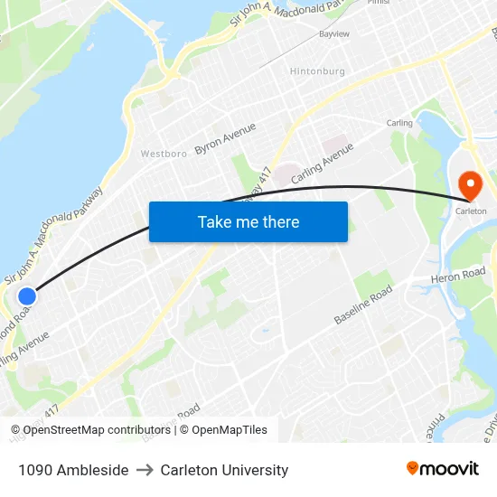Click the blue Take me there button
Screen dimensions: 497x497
pyautogui.click(x=248, y=221)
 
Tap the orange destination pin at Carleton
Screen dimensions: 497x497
pyautogui.click(x=471, y=186)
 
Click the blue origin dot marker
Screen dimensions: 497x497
pyautogui.click(x=27, y=295)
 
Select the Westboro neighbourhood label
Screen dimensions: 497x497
pyautogui.click(x=164, y=154)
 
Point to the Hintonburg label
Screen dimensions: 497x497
pyautogui.click(x=317, y=71)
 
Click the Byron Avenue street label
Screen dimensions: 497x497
pyautogui.click(x=225, y=138)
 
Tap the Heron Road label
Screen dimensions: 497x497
pyautogui.click(x=459, y=275)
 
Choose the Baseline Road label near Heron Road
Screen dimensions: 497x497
pyautogui.click(x=363, y=305)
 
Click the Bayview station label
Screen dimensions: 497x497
pyautogui.click(x=333, y=33)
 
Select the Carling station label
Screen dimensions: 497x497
pyautogui.click(x=399, y=123)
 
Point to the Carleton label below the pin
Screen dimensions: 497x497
pyautogui.click(x=471, y=211)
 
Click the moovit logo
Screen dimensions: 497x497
pyautogui.click(x=443, y=469)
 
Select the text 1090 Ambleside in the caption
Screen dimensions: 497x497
pyautogui.click(x=72, y=470)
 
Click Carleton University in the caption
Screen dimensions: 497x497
pyautogui.click(x=224, y=470)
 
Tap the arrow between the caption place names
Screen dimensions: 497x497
pyautogui.click(x=145, y=470)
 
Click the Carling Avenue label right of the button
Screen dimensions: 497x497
pyautogui.click(x=322, y=164)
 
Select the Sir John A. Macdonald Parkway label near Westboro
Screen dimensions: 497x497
pyautogui.click(x=54, y=234)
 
